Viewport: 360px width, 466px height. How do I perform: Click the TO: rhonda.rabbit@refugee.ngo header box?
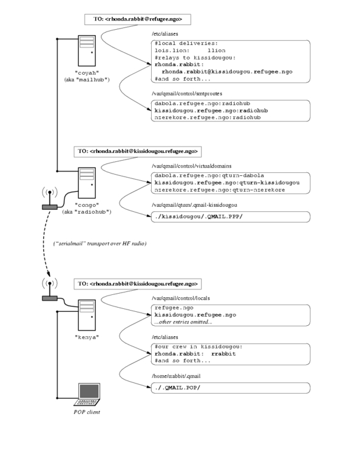138,19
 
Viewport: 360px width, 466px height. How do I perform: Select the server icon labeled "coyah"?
87,51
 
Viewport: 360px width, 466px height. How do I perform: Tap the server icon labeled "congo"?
87,183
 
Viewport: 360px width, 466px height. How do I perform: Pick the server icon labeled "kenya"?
87,316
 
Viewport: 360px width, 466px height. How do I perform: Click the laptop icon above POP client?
87,394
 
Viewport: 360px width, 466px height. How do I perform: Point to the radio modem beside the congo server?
50,207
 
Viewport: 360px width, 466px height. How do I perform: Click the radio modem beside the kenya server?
50,298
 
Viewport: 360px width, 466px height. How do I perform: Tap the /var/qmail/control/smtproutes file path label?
187,93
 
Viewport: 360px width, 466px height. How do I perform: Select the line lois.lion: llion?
190,50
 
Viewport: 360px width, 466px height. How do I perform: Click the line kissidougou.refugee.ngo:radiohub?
211,110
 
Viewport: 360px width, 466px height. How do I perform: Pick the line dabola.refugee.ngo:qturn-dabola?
209,175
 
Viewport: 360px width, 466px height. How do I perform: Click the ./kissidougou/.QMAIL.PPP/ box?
231,217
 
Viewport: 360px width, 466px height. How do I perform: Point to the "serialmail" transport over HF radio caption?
100,244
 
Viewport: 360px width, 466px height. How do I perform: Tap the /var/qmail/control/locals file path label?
181,298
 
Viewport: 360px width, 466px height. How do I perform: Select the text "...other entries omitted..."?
183,322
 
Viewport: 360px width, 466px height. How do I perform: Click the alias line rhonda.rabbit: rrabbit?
195,354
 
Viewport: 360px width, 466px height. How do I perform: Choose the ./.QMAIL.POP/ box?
231,388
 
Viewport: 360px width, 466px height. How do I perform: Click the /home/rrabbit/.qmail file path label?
176,376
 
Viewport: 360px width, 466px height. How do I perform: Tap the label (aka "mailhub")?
87,79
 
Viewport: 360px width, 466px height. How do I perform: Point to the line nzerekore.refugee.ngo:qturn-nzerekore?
220,190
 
